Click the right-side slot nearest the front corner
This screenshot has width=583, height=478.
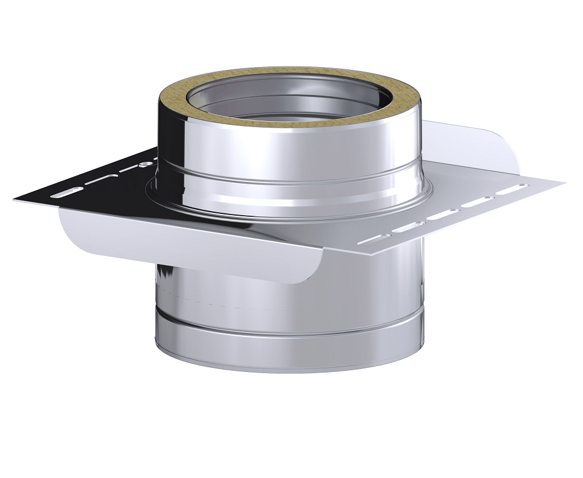tap(370, 239)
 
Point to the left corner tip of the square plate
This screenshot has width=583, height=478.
tap(14, 200)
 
